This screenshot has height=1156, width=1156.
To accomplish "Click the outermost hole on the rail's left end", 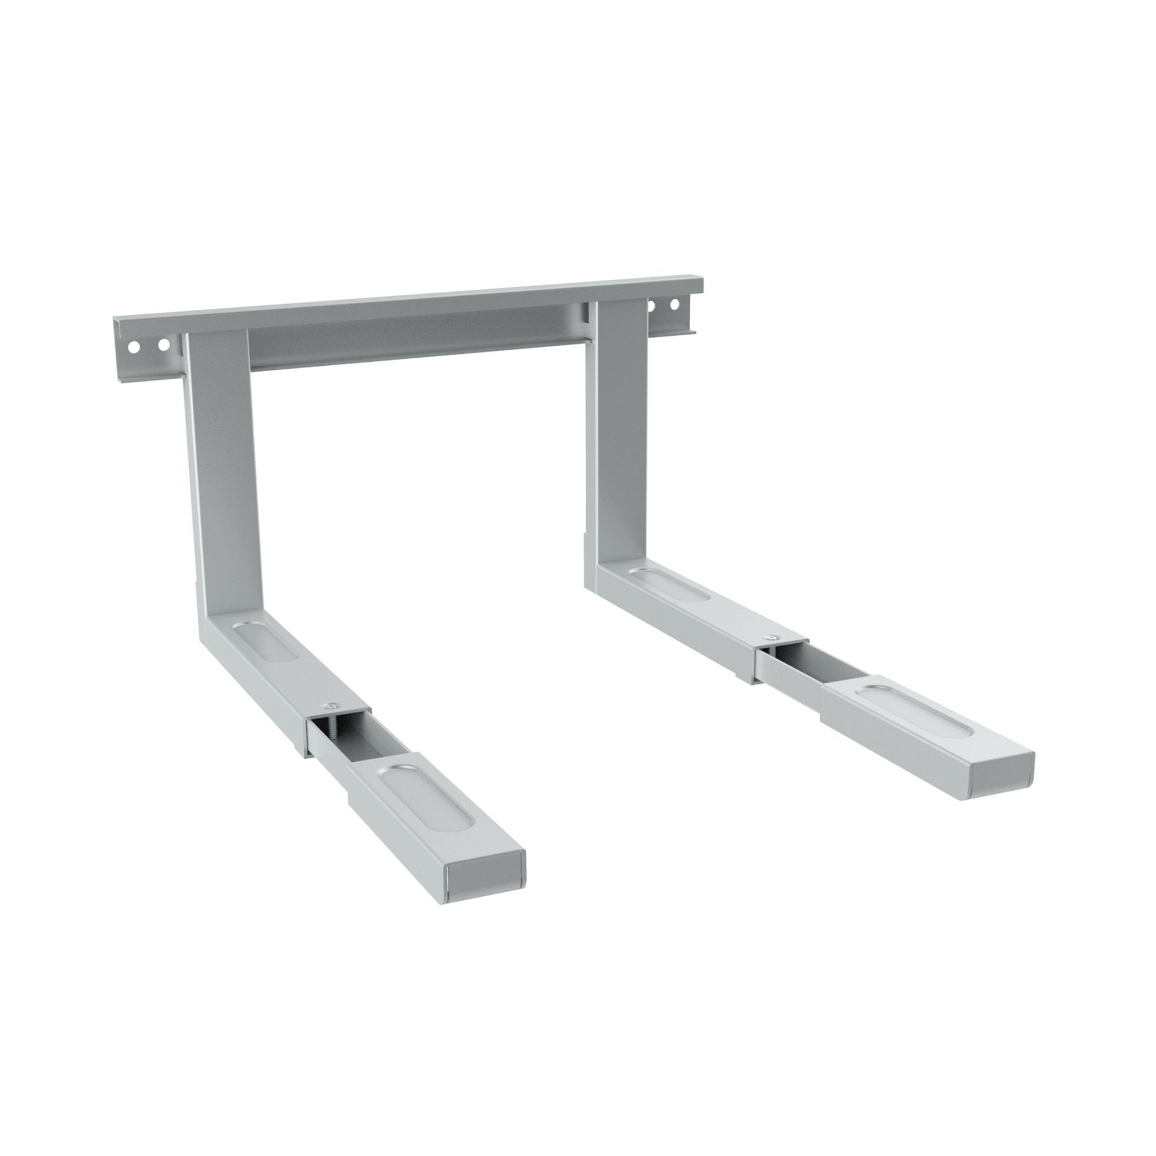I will (x=134, y=346).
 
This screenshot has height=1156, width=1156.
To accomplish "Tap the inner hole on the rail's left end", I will (x=163, y=344).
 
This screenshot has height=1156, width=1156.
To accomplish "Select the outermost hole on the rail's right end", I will (x=675, y=303).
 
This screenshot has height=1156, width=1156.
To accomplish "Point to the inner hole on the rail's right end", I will (x=653, y=305).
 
